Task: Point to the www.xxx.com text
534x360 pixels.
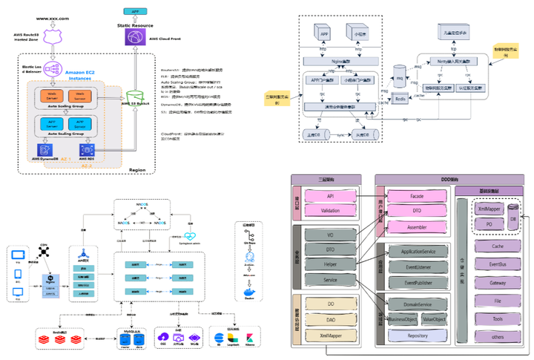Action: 52,18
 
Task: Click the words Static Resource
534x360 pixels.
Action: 135,25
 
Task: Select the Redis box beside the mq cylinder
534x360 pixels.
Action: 400,97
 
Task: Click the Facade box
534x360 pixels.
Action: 416,196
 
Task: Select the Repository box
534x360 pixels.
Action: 416,336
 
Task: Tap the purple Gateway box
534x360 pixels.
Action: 497,282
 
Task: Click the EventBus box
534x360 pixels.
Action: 497,264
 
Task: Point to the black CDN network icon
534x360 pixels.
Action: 44,252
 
